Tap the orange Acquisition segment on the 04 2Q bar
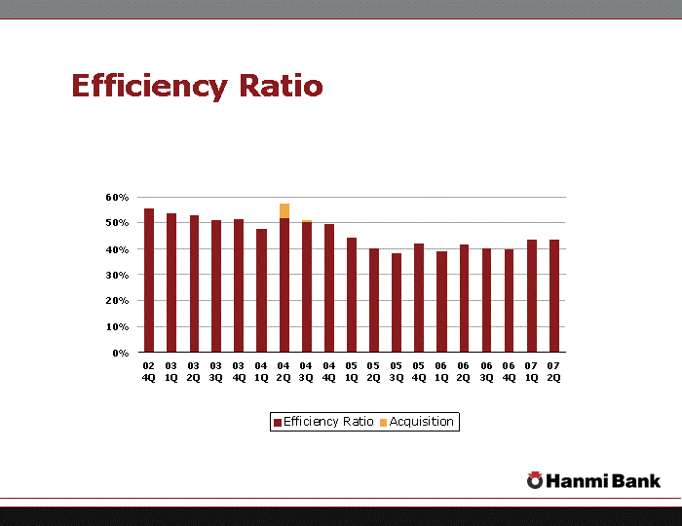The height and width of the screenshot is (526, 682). click(284, 210)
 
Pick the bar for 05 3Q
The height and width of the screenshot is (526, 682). click(397, 303)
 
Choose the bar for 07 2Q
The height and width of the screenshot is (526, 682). click(553, 295)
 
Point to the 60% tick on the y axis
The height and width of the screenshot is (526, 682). click(118, 197)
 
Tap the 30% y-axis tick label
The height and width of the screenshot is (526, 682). click(118, 275)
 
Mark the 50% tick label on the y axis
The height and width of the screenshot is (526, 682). click(118, 223)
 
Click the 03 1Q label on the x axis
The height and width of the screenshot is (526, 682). click(171, 371)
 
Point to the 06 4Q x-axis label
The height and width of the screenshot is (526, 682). click(509, 371)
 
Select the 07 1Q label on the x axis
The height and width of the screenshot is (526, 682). click(531, 371)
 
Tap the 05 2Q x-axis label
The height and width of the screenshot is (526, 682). click(373, 371)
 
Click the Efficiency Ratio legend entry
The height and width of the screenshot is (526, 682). click(323, 422)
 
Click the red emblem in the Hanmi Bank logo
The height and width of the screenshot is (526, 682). click(535, 479)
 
